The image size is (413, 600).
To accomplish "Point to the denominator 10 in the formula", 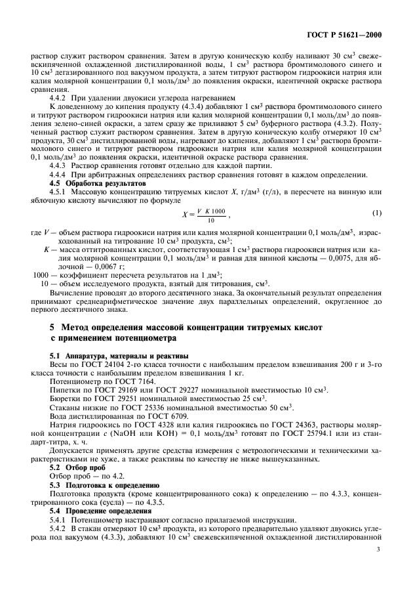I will (210, 220).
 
